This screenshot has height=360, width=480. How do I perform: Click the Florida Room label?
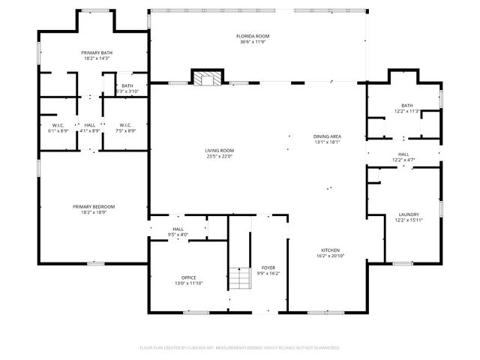(x=253, y=36)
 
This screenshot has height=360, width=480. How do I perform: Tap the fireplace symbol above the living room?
(x=206, y=77)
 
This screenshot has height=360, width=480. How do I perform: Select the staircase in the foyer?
(x=240, y=279)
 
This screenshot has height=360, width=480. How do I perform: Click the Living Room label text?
(x=220, y=151)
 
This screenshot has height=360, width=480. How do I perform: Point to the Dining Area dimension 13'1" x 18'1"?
(x=327, y=142)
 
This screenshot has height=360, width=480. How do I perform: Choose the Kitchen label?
(x=331, y=250)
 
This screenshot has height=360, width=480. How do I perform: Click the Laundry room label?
(x=408, y=214)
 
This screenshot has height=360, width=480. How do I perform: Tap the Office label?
(x=188, y=277)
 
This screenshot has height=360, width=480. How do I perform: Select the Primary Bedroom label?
(x=94, y=206)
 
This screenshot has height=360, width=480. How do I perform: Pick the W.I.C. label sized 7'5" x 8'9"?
(x=124, y=124)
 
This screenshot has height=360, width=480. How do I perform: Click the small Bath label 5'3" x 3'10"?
(x=127, y=85)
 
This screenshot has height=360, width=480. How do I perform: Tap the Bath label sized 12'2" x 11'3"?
(x=406, y=106)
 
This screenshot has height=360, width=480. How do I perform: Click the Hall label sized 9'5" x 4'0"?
(x=178, y=229)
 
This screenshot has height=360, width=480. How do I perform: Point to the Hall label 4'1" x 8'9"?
(x=90, y=124)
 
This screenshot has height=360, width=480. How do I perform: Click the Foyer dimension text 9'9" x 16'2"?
(x=268, y=274)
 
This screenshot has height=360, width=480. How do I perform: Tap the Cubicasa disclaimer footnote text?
(x=240, y=347)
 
